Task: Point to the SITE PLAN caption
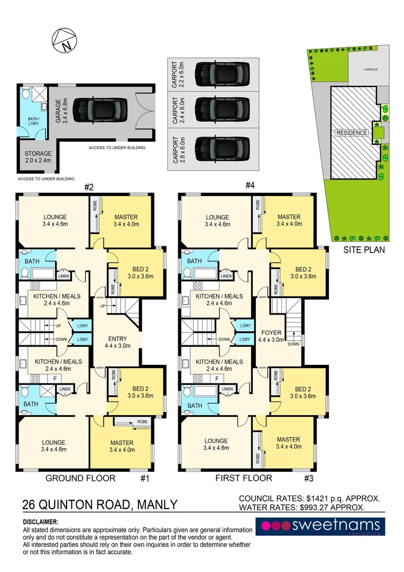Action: click(x=364, y=249)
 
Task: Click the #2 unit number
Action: click(x=89, y=187)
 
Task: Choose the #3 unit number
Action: click(x=309, y=478)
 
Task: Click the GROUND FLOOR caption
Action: click(x=80, y=478)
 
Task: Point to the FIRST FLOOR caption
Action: click(x=243, y=478)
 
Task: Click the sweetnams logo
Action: click(x=320, y=526)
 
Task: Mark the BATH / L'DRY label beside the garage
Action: click(x=29, y=121)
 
